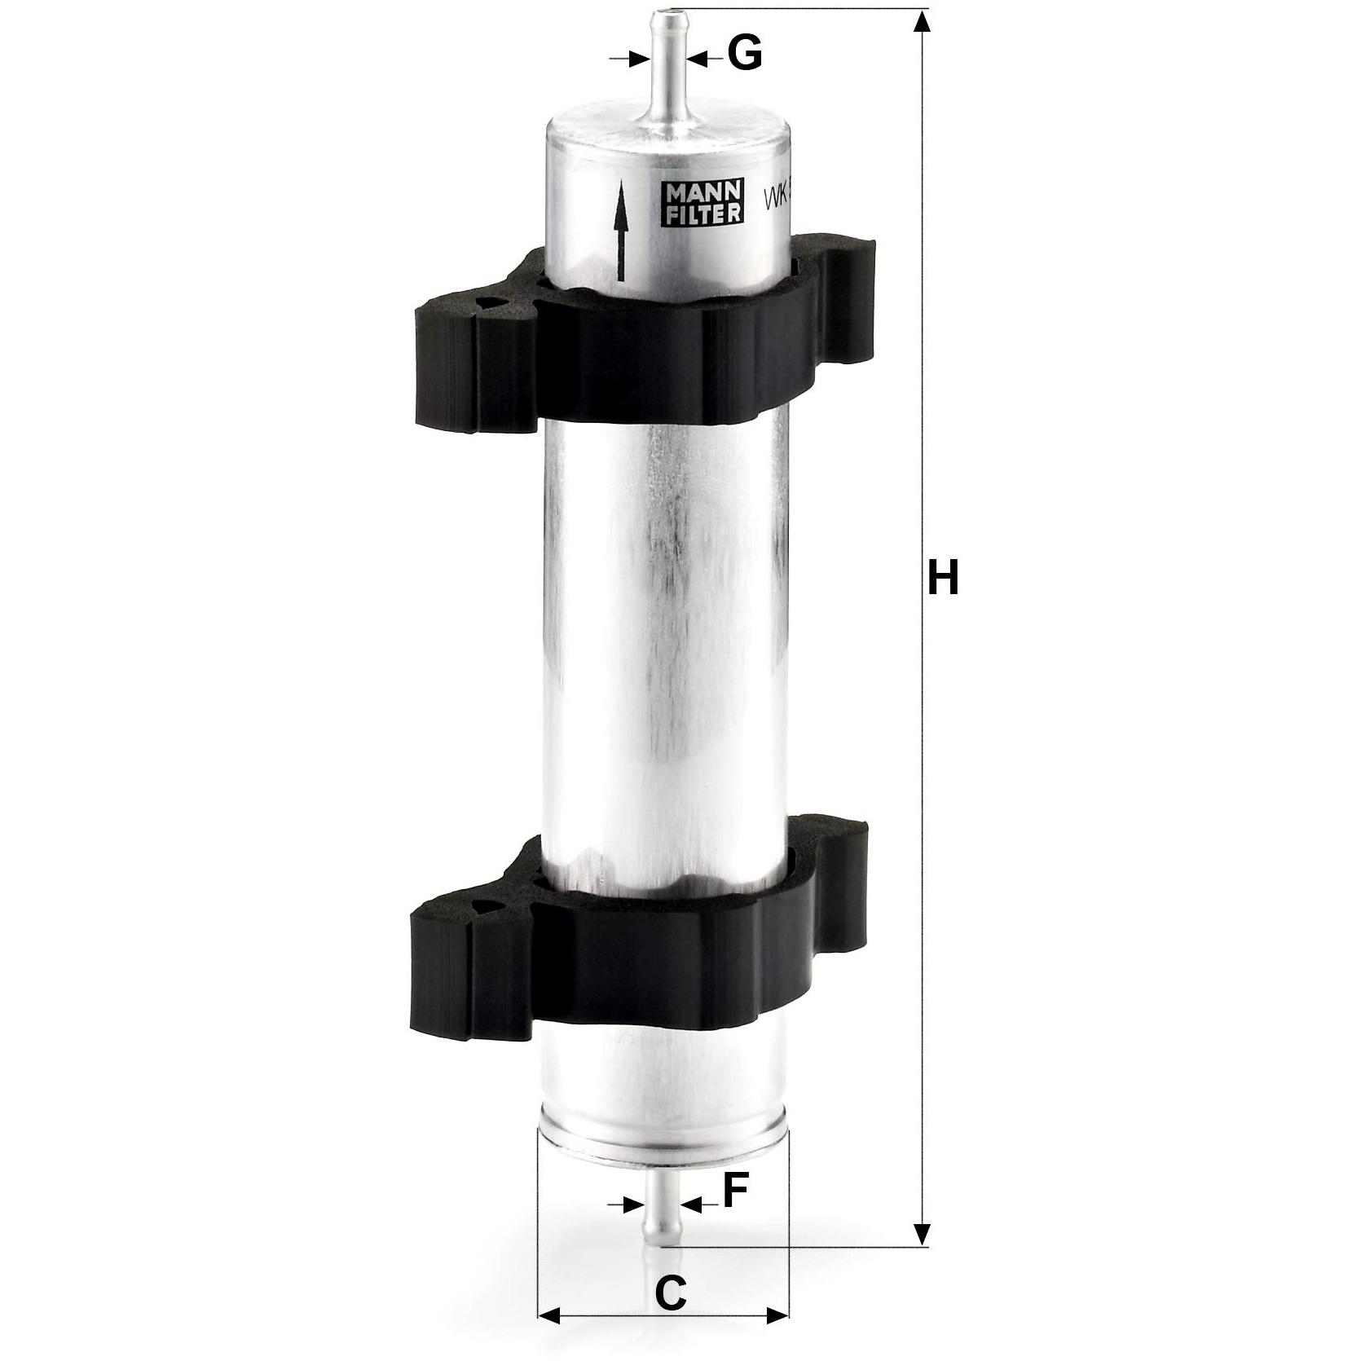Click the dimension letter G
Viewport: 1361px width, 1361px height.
pos(743,55)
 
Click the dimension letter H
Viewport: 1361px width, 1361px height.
pos(943,579)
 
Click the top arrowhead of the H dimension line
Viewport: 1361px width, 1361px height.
pos(921,21)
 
